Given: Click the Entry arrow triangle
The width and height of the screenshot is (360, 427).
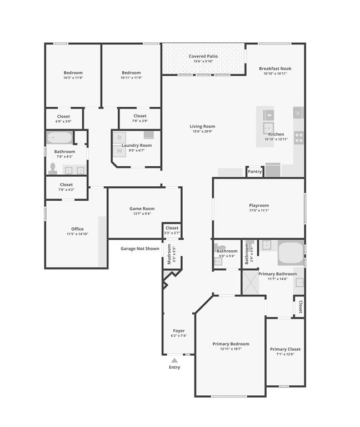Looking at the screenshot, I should pos(174,360).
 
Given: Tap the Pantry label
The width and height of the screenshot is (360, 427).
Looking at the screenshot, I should pos(254,172).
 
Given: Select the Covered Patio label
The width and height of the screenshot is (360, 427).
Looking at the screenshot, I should pos(203,56).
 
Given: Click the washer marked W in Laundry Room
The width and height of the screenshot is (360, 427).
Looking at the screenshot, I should pos(119,150).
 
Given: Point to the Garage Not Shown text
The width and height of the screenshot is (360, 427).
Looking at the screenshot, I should pos(140,249).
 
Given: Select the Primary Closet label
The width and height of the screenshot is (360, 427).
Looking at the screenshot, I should pos(285,349).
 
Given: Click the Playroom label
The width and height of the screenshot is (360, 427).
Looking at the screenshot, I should pos(259,205).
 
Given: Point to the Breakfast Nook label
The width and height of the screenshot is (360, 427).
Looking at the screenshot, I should pos(275,68).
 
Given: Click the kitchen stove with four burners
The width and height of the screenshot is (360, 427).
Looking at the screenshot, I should pos(299,137).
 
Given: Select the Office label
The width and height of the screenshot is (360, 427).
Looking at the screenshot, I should pos(77,229).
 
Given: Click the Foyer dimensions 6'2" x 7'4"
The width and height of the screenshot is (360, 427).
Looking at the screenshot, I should pos(178,336).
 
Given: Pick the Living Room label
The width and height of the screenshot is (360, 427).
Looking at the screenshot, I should pos(203,126).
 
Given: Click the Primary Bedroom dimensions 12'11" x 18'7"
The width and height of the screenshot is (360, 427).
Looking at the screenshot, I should pos(231,349).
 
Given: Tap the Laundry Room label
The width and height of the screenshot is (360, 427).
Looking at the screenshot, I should pos(137,145).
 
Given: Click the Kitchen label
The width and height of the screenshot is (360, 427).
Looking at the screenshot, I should pos(276,134).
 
